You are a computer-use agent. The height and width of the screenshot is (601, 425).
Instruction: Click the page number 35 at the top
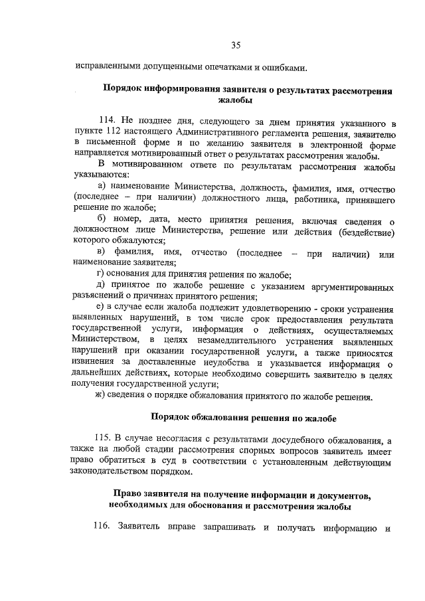235,45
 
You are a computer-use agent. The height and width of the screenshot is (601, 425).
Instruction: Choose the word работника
311,199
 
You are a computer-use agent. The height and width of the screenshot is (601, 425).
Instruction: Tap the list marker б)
102,220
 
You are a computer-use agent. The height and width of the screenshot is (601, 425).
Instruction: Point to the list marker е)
101,307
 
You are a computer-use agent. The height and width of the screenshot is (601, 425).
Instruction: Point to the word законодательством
108,473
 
